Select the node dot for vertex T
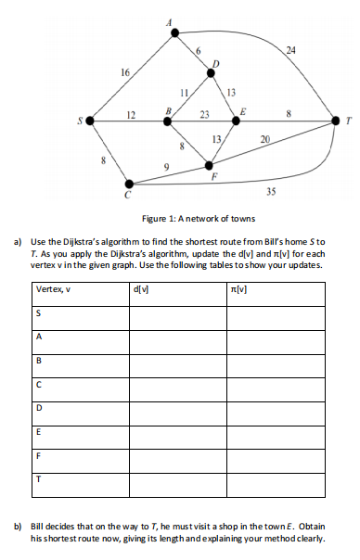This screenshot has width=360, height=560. (x=336, y=121)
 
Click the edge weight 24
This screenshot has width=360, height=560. (x=290, y=49)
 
